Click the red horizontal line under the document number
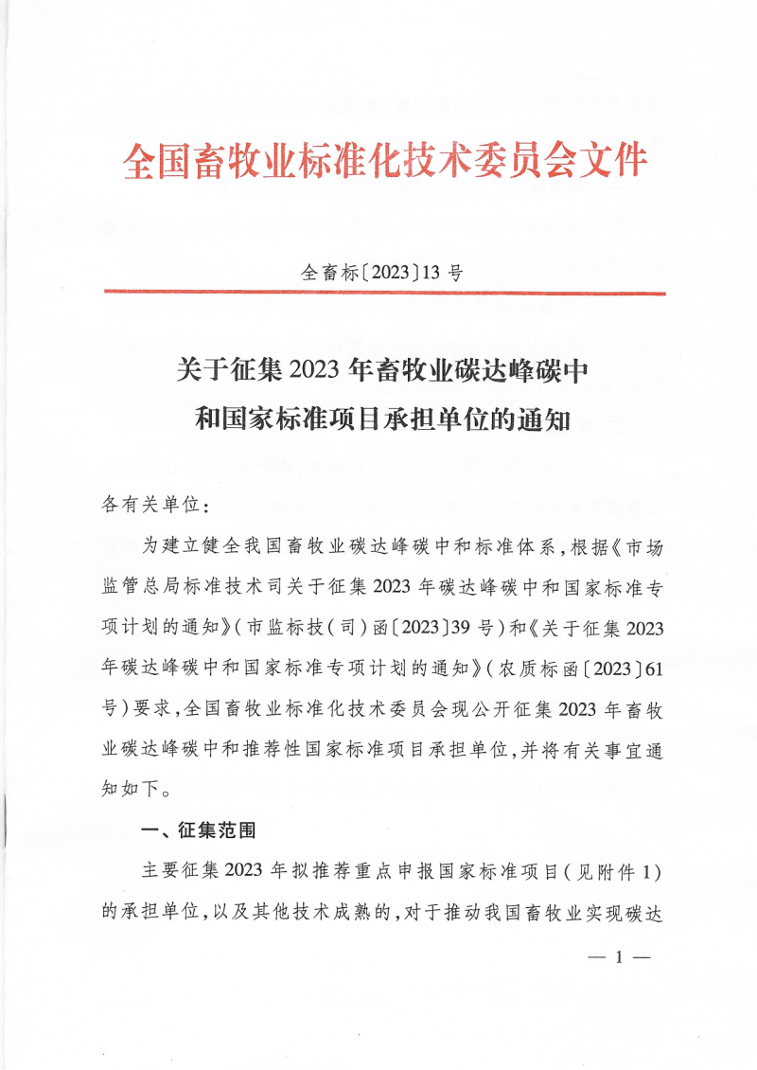(x=382, y=294)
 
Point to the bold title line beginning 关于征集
(x=382, y=369)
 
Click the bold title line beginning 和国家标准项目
(x=382, y=419)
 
